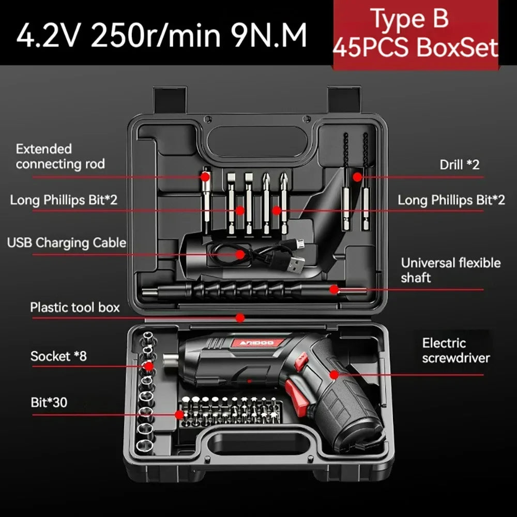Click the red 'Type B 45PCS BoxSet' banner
pyautogui.click(x=415, y=34)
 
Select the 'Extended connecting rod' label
pyautogui.click(x=60, y=157)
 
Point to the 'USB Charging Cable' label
pyautogui.click(x=67, y=242)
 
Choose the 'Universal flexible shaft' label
pyautogui.click(x=451, y=270)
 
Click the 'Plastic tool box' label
pyautogui.click(x=74, y=307)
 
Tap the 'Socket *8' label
pyautogui.click(x=58, y=356)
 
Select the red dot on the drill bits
pyautogui.click(x=357, y=177)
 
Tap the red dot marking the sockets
pyautogui.click(x=149, y=367)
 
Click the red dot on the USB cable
pyautogui.click(x=240, y=254)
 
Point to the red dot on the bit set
pyautogui.click(x=179, y=414)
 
